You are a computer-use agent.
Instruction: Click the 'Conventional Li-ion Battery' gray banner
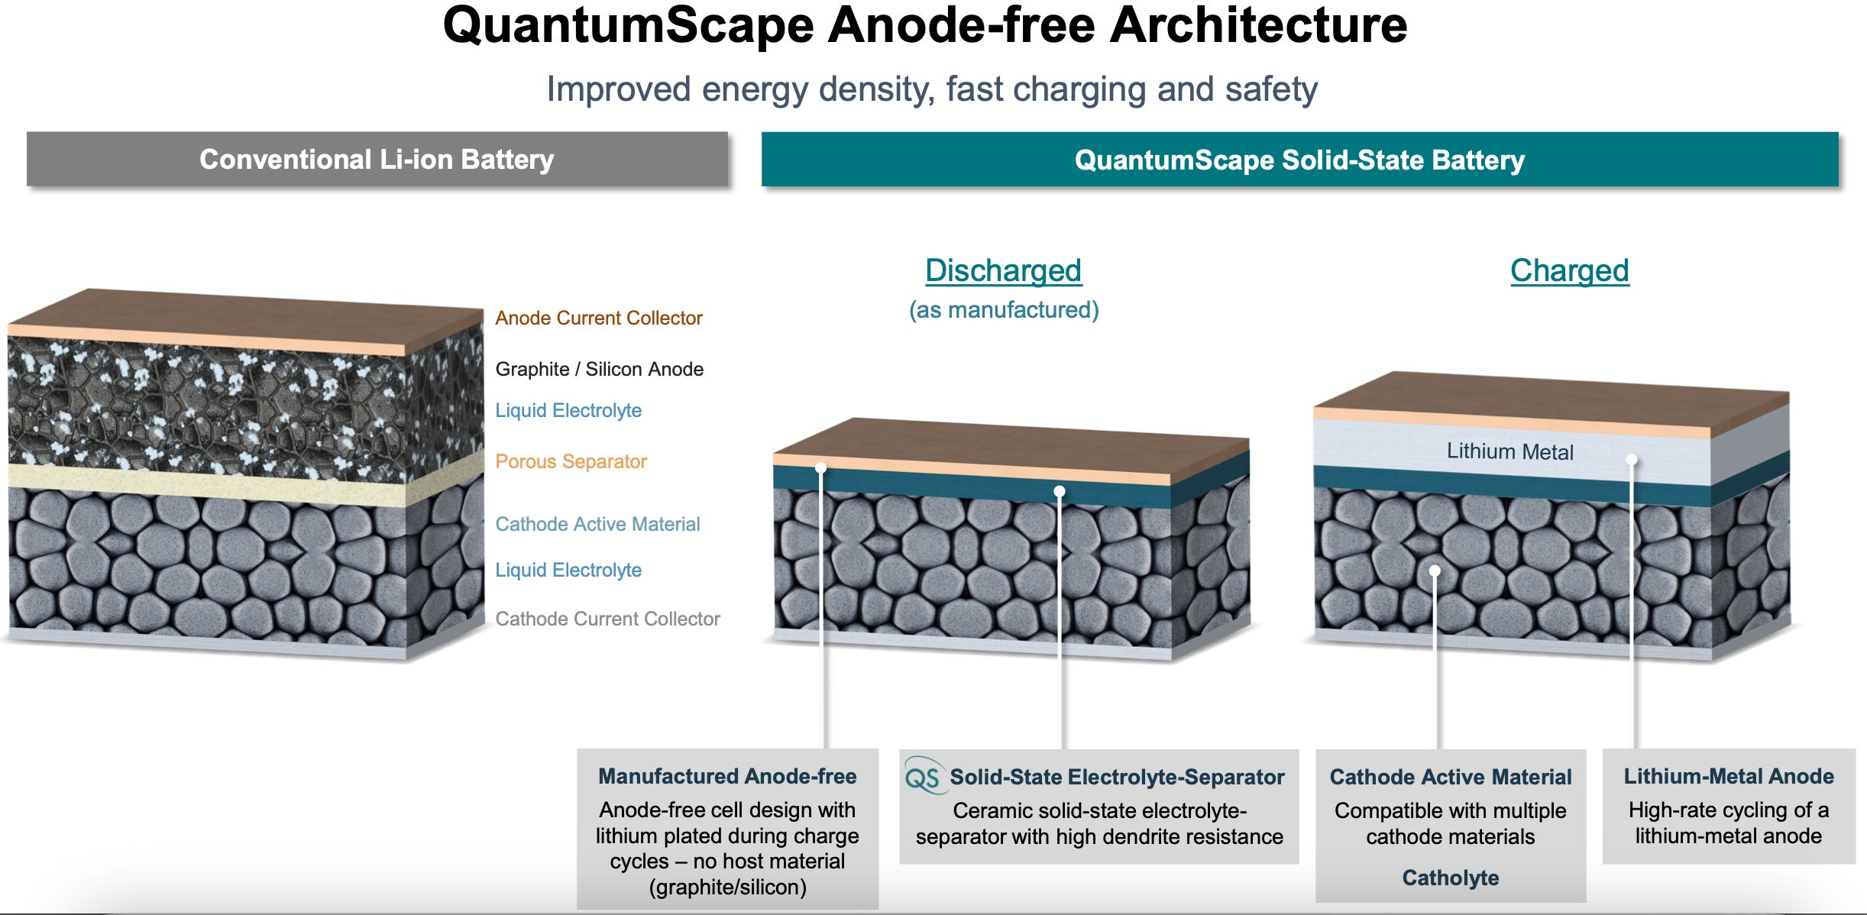377,159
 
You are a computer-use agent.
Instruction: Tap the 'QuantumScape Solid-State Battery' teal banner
1299,160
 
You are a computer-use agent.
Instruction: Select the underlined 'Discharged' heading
1003,270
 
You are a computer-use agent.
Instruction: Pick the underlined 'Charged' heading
1569,270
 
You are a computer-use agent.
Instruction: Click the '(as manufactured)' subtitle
1003,309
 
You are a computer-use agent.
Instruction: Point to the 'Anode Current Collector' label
598,318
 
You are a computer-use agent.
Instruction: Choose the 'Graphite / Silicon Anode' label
599,369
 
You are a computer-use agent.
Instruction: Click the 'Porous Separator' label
571,461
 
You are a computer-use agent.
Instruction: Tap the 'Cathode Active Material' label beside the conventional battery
597,524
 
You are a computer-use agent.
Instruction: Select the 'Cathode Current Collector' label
607,619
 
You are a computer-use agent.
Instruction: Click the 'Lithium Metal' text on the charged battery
1509,451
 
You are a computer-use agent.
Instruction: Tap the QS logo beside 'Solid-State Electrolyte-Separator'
922,778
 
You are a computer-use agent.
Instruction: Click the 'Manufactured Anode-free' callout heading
727,776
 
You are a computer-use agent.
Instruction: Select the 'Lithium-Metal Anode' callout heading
1728,776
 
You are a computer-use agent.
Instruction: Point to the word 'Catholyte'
1450,878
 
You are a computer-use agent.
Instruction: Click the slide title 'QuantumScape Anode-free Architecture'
924,26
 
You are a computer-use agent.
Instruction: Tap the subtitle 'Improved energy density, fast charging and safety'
932,89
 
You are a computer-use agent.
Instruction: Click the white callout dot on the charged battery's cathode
1435,571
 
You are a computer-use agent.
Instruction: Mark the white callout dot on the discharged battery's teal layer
1059,491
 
